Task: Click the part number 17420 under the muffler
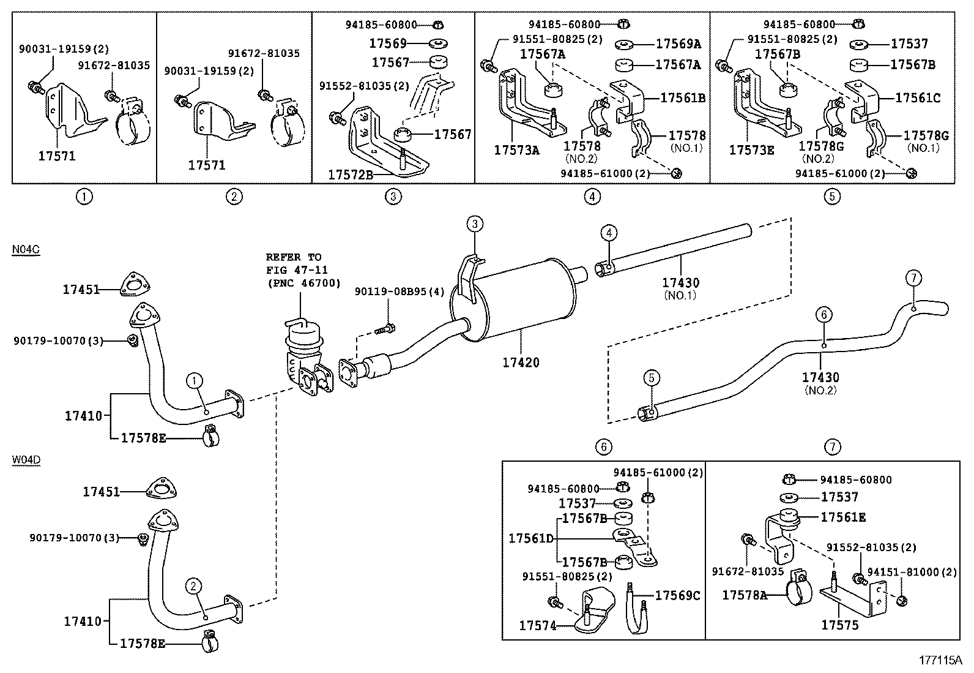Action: click(521, 363)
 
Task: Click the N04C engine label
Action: click(26, 250)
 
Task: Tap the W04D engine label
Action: click(26, 460)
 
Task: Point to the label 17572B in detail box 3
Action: click(350, 175)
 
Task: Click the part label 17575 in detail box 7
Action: click(839, 625)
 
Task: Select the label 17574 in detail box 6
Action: click(537, 625)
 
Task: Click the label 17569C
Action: click(677, 595)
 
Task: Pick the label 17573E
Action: click(751, 149)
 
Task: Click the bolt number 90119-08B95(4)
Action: click(400, 292)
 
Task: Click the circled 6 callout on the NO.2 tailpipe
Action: click(823, 315)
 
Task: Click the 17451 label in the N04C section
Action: click(81, 290)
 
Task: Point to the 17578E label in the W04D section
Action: click(143, 644)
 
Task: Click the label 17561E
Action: click(843, 517)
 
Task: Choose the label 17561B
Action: click(683, 98)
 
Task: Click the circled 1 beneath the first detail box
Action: click(84, 197)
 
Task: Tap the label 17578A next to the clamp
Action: click(744, 595)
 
